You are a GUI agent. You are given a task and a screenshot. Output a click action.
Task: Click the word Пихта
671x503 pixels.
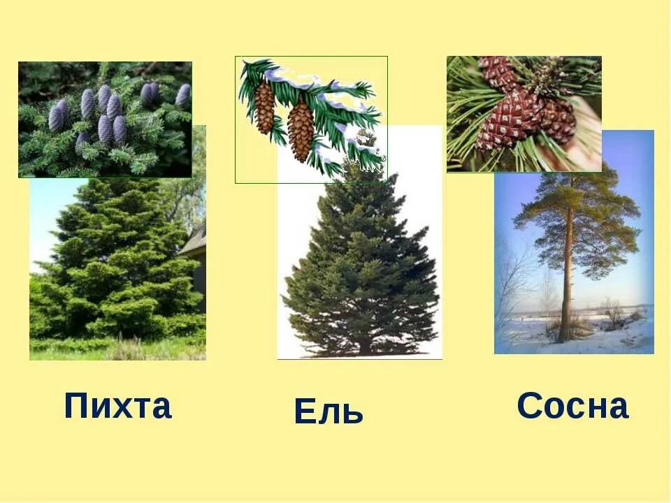click(x=117, y=406)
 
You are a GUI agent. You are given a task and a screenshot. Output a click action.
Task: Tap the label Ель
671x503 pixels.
click(x=329, y=411)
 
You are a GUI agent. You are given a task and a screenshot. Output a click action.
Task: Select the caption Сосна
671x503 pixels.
click(x=572, y=406)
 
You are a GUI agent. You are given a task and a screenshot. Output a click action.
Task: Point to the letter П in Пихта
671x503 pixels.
click(x=77, y=406)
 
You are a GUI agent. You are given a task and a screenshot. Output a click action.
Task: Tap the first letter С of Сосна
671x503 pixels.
click(x=529, y=406)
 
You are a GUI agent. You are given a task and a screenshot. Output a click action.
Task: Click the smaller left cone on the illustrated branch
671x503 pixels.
click(x=264, y=108)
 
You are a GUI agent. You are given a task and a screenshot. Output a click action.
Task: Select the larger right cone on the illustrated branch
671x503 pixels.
click(x=301, y=130)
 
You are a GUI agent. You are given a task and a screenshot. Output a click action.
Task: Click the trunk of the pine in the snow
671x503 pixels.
click(x=567, y=279)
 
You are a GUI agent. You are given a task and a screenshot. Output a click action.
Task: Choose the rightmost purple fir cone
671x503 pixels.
click(x=183, y=95)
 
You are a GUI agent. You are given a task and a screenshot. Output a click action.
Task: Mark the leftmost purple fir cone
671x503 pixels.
click(x=57, y=115)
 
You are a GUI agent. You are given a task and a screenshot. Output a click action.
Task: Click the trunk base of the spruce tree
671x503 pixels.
click(x=363, y=347)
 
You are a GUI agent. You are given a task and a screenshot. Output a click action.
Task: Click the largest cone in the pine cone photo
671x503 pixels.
click(x=510, y=119)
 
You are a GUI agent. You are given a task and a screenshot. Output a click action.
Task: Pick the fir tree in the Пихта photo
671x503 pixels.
click(x=115, y=265)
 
